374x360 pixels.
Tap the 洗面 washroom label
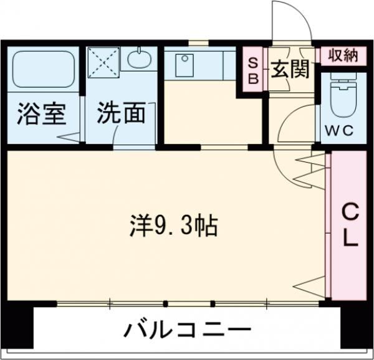[x=121, y=114]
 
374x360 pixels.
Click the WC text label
[x=339, y=131]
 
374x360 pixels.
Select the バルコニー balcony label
[x=186, y=329]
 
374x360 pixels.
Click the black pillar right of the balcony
[x=356, y=327]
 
